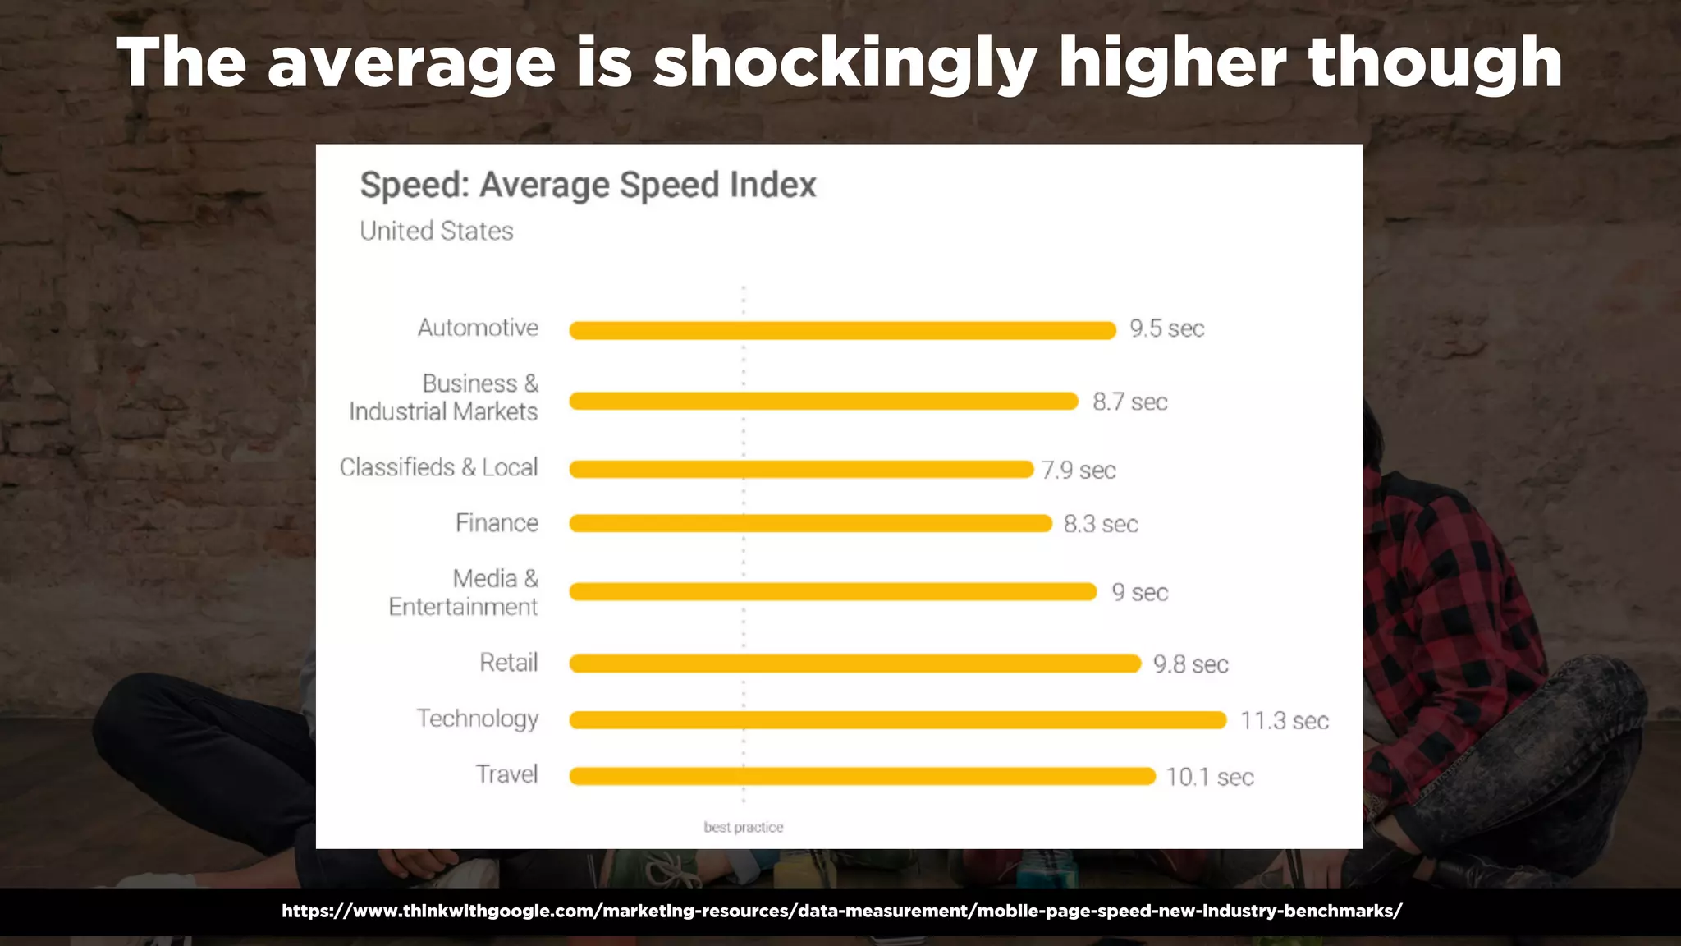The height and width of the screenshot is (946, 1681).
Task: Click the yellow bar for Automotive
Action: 842,330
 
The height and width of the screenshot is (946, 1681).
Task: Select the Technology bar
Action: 897,720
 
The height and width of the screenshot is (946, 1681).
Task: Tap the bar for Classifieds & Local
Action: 801,469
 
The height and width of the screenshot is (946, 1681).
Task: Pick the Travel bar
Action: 862,776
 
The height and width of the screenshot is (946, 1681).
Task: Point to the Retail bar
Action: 854,664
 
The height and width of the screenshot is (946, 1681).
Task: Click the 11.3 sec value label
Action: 1284,721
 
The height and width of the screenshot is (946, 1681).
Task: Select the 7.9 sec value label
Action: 1079,470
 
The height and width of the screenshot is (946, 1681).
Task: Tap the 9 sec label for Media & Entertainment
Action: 1139,592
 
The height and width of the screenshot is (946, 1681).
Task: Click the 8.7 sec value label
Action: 1129,402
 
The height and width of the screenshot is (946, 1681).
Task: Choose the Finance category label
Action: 497,523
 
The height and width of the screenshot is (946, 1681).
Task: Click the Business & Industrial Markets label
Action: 444,397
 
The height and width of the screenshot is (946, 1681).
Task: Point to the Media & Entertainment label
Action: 464,592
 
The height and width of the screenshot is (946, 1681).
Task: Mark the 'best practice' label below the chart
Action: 743,827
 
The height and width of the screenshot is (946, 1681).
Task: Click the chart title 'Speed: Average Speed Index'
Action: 588,185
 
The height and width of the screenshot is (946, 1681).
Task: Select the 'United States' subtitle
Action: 436,231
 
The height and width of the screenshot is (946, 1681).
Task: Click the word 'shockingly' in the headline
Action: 845,64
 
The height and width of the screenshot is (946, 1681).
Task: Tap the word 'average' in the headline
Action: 411,64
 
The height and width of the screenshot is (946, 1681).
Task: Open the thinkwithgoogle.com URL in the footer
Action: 841,911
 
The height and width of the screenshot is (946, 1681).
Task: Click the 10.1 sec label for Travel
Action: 1210,777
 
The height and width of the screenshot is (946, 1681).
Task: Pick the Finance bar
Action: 810,523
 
